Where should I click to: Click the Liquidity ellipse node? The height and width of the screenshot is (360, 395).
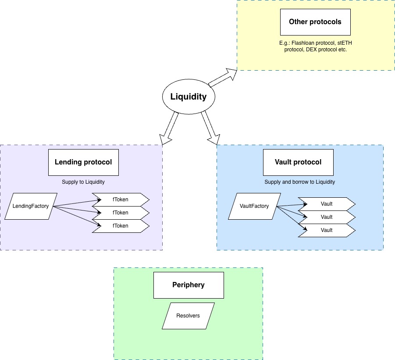(x=189, y=96)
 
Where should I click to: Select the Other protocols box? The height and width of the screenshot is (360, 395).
(x=315, y=22)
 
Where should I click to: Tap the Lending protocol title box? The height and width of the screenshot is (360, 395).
(x=83, y=163)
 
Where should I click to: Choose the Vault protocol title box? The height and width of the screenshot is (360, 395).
(x=298, y=163)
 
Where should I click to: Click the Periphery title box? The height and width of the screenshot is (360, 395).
(x=189, y=285)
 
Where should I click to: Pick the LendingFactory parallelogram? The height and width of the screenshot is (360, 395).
(x=31, y=207)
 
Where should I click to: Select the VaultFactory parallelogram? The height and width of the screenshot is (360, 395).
(x=254, y=207)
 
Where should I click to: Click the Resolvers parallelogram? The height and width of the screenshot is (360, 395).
(x=188, y=316)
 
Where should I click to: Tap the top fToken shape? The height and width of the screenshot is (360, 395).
(x=121, y=200)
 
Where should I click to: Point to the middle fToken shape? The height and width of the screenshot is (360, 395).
(x=121, y=213)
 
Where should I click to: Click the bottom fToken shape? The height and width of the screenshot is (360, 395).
(x=121, y=226)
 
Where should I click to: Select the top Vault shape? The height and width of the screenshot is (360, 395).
(x=327, y=204)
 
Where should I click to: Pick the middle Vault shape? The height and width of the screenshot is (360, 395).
(x=327, y=217)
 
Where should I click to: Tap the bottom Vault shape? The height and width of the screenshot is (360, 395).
(x=327, y=230)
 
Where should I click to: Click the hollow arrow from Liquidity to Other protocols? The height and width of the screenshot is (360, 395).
(x=223, y=78)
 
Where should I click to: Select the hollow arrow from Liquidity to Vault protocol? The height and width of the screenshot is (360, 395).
(x=210, y=128)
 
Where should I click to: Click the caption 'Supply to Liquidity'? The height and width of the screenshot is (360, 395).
(x=83, y=182)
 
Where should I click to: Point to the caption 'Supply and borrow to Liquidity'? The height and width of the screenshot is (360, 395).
(x=300, y=182)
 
